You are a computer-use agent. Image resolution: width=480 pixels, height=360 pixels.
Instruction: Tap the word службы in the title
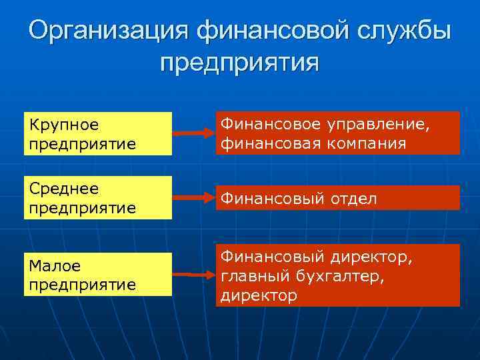tap(401, 31)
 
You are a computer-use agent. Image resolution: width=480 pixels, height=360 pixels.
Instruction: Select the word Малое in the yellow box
tap(54, 266)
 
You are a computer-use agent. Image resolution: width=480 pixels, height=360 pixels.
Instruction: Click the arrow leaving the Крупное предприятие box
tap(193, 134)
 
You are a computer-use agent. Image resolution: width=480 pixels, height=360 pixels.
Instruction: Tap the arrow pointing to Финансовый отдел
tap(193, 198)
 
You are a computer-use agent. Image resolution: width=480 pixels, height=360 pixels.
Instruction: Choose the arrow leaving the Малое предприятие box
tap(193, 274)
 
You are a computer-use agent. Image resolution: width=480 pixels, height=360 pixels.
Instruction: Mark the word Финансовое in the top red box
tap(269, 124)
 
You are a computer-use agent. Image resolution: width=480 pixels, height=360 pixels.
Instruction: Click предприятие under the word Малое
tap(82, 284)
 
